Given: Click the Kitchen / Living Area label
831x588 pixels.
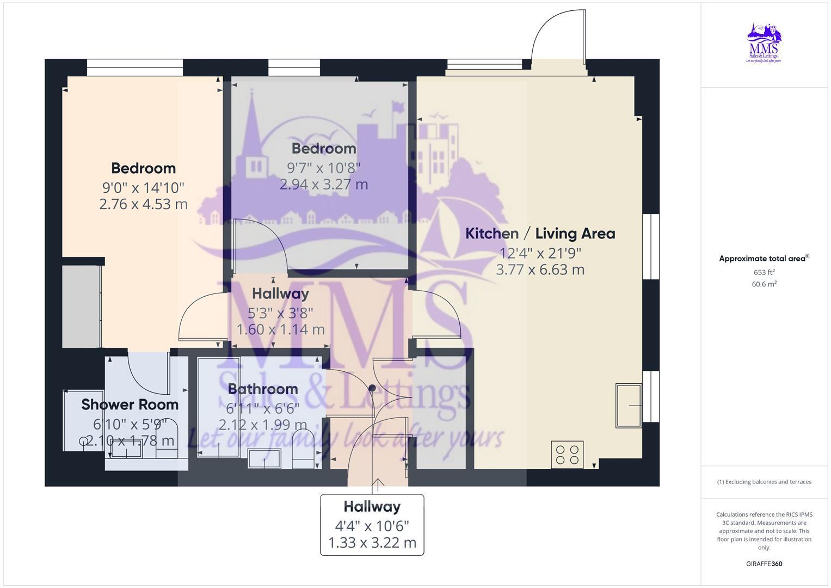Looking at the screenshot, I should pos(540,234).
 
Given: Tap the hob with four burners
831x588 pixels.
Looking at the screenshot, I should pos(567,455).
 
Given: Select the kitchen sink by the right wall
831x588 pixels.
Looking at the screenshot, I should pos(629,406).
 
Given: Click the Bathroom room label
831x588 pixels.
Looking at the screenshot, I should pos(263,389).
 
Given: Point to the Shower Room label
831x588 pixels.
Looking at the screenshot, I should pos(130,405).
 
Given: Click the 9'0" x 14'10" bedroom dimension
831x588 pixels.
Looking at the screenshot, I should pos(143,188).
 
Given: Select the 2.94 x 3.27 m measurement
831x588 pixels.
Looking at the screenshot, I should pos(324,185).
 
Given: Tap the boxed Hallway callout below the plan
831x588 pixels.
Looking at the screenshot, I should pos(372,525).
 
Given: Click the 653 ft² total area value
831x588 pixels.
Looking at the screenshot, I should pos(764,272).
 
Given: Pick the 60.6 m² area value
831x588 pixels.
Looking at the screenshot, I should pos(764,284).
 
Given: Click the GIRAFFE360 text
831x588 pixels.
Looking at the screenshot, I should pos(764,563).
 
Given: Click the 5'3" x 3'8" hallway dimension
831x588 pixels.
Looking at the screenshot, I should pos(280,313).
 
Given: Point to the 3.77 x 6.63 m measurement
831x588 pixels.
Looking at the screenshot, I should pos(540,269).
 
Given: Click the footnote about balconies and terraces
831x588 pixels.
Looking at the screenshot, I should pos(764,482).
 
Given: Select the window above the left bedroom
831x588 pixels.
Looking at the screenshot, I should pos(135,68).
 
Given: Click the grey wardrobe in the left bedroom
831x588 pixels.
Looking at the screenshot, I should pos(81,306).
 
